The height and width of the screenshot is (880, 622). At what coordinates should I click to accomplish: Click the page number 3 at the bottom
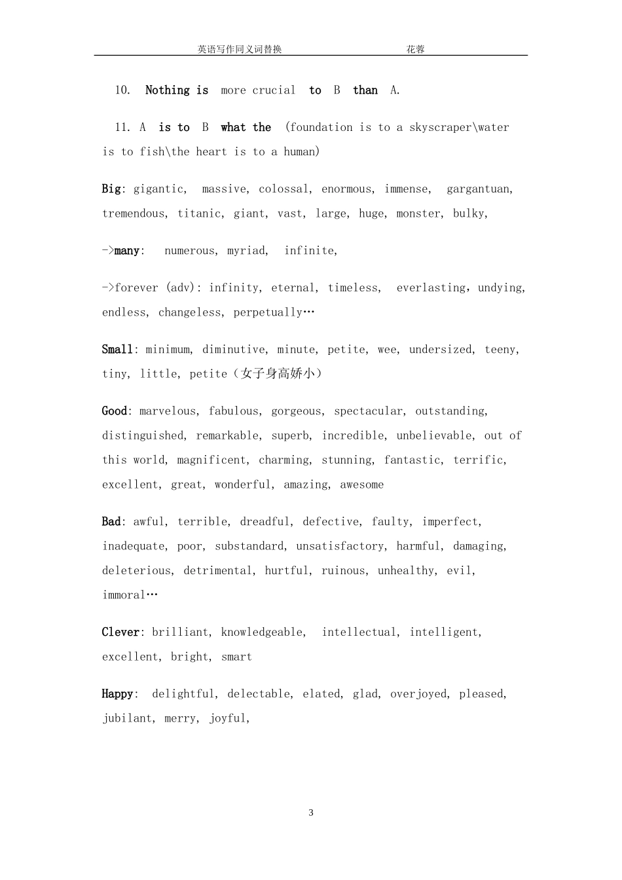tap(311, 813)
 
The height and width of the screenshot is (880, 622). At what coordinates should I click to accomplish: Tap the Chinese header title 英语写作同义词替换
tap(240, 49)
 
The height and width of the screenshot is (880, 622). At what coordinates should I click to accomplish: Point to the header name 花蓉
tap(415, 49)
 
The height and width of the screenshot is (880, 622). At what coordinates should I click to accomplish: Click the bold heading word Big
tap(111, 189)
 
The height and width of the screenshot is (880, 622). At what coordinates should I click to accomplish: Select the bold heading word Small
tap(118, 350)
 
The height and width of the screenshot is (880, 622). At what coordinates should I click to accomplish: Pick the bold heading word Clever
tap(121, 632)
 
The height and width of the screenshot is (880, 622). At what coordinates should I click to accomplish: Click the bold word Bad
tap(111, 522)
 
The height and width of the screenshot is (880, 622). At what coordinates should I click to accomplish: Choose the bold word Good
tap(114, 411)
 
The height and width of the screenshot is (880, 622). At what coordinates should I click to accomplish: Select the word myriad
tap(247, 251)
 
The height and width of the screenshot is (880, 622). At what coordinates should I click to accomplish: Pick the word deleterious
tap(137, 571)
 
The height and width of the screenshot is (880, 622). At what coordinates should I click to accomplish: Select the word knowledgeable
tap(263, 632)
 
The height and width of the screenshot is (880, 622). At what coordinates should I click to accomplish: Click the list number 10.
tap(122, 90)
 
